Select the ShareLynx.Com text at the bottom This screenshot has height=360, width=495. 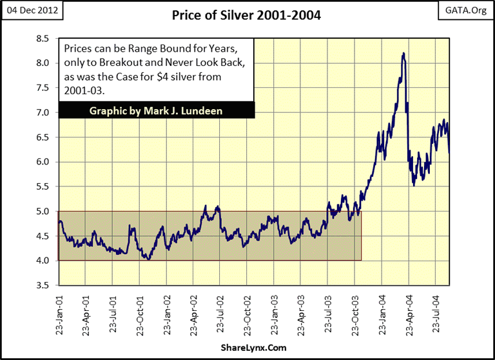[x=247, y=349]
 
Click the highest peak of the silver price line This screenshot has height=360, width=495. [x=403, y=54]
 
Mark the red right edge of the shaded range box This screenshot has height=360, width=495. [x=362, y=235]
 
